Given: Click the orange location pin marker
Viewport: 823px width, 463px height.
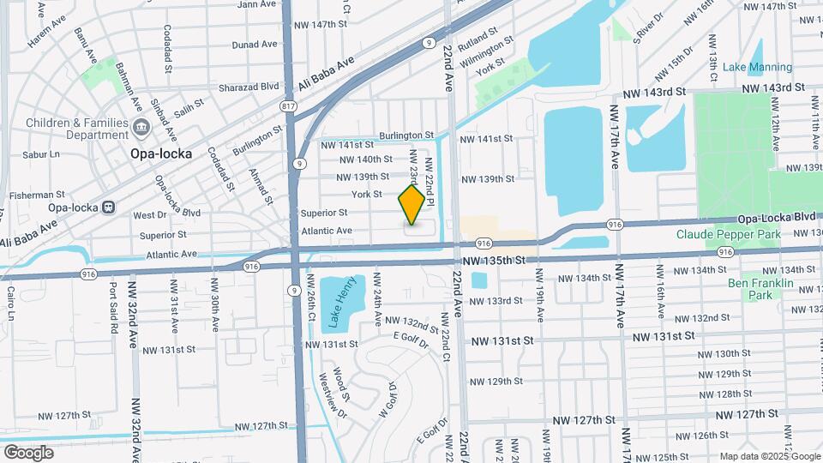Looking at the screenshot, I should point(412,205).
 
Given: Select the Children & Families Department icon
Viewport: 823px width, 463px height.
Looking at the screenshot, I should point(141,129).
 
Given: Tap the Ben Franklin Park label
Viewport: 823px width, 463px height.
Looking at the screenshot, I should point(760,289).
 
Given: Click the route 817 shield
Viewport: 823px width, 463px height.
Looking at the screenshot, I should point(290,106).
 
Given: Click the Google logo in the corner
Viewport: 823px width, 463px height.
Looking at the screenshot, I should point(28,452).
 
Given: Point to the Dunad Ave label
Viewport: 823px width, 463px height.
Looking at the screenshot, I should point(255,44).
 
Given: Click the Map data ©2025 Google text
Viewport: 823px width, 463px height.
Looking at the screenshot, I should point(769,456).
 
